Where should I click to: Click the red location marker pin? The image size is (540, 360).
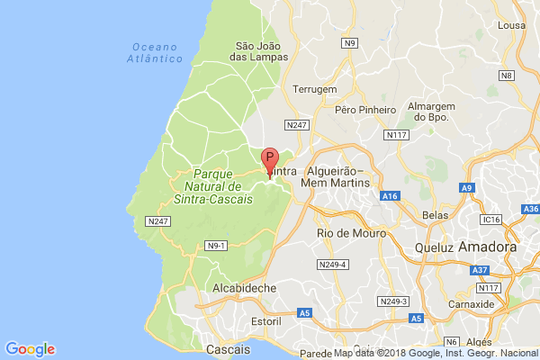click(x=268, y=161)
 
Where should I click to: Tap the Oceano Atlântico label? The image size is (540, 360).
click(x=157, y=52)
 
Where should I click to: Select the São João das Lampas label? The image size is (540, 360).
click(x=261, y=50)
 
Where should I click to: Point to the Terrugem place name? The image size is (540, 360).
click(x=314, y=89)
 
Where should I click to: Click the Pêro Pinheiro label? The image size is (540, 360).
click(x=364, y=110)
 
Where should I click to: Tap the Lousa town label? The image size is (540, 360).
click(x=510, y=26)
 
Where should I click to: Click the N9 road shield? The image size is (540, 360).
click(x=350, y=42)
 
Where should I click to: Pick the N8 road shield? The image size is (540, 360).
click(x=508, y=75)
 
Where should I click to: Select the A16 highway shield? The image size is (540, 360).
click(x=390, y=195)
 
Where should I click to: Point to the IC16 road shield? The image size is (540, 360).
click(x=490, y=219)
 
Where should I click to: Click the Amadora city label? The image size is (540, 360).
click(x=487, y=247)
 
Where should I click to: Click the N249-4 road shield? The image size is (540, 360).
click(x=333, y=265)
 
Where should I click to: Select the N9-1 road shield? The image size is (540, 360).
click(x=216, y=245)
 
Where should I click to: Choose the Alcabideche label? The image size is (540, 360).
click(x=244, y=287)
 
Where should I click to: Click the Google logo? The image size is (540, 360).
click(x=30, y=348)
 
